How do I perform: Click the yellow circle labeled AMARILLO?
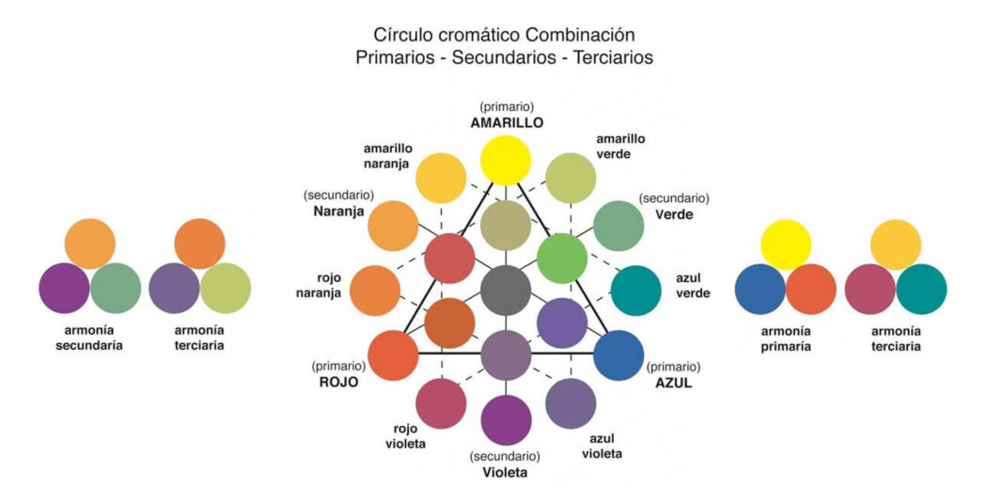pos(506,161)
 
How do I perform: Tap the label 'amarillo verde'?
pos(620,146)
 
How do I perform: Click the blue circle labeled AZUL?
pos(619,355)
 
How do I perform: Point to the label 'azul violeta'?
pos(604,446)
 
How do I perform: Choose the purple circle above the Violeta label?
pos(506,420)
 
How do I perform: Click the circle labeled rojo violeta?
pos(441,403)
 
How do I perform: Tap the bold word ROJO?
pos(337,383)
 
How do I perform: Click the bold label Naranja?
pos(339,212)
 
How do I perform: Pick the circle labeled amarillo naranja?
pos(441,178)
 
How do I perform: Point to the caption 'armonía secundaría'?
pos(89,338)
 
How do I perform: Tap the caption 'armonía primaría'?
pos(785,338)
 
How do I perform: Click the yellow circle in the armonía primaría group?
pos(786,243)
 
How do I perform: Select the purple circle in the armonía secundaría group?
pos(64,288)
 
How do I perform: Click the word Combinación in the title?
pos(579,35)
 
